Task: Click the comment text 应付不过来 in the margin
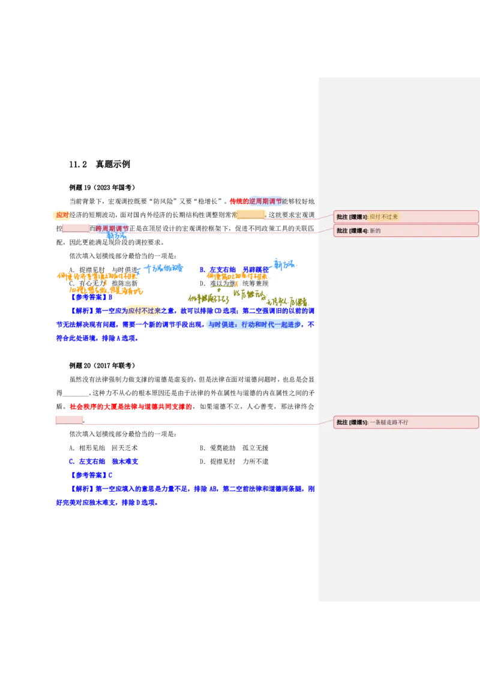[x=384, y=217]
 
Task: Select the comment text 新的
[x=375, y=231]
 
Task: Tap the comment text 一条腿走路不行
[x=389, y=422]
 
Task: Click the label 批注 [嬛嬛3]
[x=352, y=217]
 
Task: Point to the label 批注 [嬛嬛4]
[x=352, y=231]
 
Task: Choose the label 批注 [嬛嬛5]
[x=352, y=422]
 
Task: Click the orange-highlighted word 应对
[x=61, y=215]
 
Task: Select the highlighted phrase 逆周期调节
[x=265, y=201]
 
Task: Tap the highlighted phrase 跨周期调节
[x=112, y=229]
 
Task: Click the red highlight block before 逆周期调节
[x=239, y=201]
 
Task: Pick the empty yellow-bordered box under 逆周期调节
[x=251, y=214]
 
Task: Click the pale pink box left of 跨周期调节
[x=76, y=228]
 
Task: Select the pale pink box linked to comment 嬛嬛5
[x=68, y=419]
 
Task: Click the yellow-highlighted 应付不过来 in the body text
[x=144, y=310]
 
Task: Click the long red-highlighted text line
[x=130, y=407]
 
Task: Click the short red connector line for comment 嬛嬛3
[x=291, y=219]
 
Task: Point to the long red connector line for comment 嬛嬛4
[x=222, y=233]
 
